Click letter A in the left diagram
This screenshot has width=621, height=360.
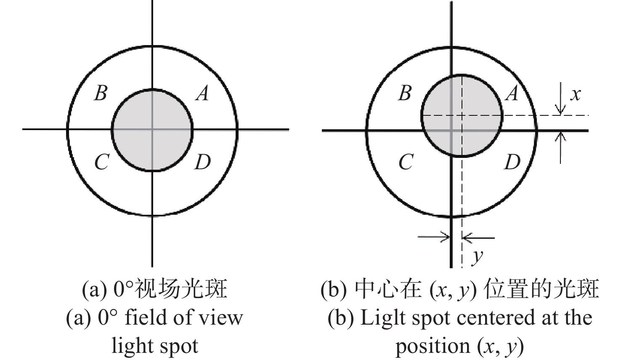(x=202, y=93)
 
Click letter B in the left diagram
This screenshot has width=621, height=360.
(x=101, y=93)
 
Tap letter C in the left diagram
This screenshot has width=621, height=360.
(x=102, y=162)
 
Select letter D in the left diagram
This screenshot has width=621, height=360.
(x=203, y=162)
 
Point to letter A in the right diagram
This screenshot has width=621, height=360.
(x=512, y=93)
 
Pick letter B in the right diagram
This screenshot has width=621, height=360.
(x=405, y=93)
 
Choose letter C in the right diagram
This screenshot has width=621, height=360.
(x=406, y=162)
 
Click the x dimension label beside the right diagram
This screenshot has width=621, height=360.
(x=575, y=95)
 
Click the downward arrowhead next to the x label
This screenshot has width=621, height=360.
(x=560, y=110)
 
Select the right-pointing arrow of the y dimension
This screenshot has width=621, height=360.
(x=434, y=237)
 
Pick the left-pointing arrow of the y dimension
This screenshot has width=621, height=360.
(x=478, y=238)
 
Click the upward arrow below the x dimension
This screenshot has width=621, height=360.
(x=560, y=147)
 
